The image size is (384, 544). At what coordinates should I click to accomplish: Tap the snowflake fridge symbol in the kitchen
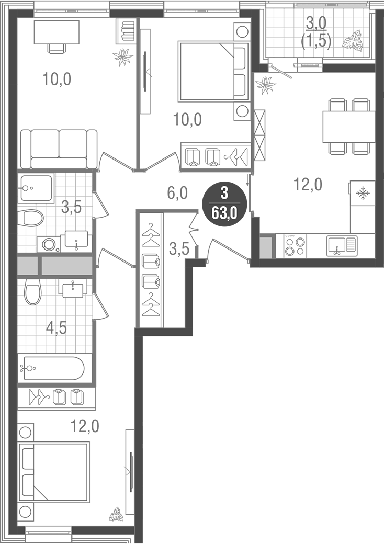coord(362,194)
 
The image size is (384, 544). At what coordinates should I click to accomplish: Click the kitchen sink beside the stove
coord(341,245)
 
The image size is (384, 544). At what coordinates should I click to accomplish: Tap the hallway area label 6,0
coord(176,194)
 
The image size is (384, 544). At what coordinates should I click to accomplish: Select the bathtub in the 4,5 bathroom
coord(51,369)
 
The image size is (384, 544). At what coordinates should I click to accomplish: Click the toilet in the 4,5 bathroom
coord(32,292)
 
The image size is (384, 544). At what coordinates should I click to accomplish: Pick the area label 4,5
coord(57,329)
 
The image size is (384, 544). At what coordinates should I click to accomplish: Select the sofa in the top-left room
coord(59,149)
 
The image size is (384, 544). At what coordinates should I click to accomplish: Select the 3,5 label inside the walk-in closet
coord(178,248)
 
